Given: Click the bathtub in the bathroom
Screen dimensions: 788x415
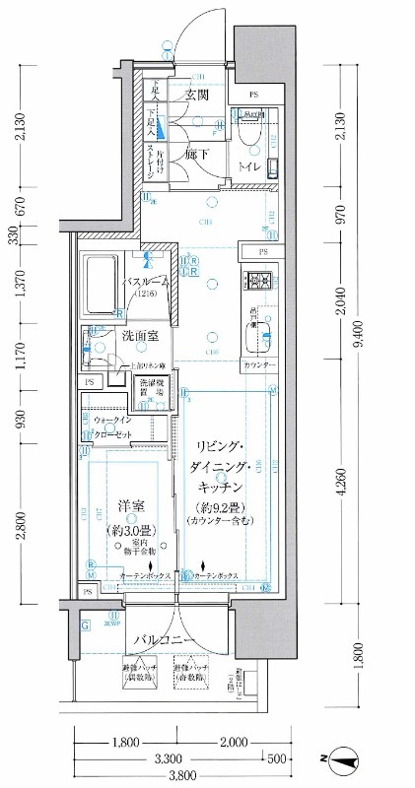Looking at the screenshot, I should (x=101, y=285).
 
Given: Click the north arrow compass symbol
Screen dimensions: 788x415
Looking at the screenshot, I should (x=344, y=759).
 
